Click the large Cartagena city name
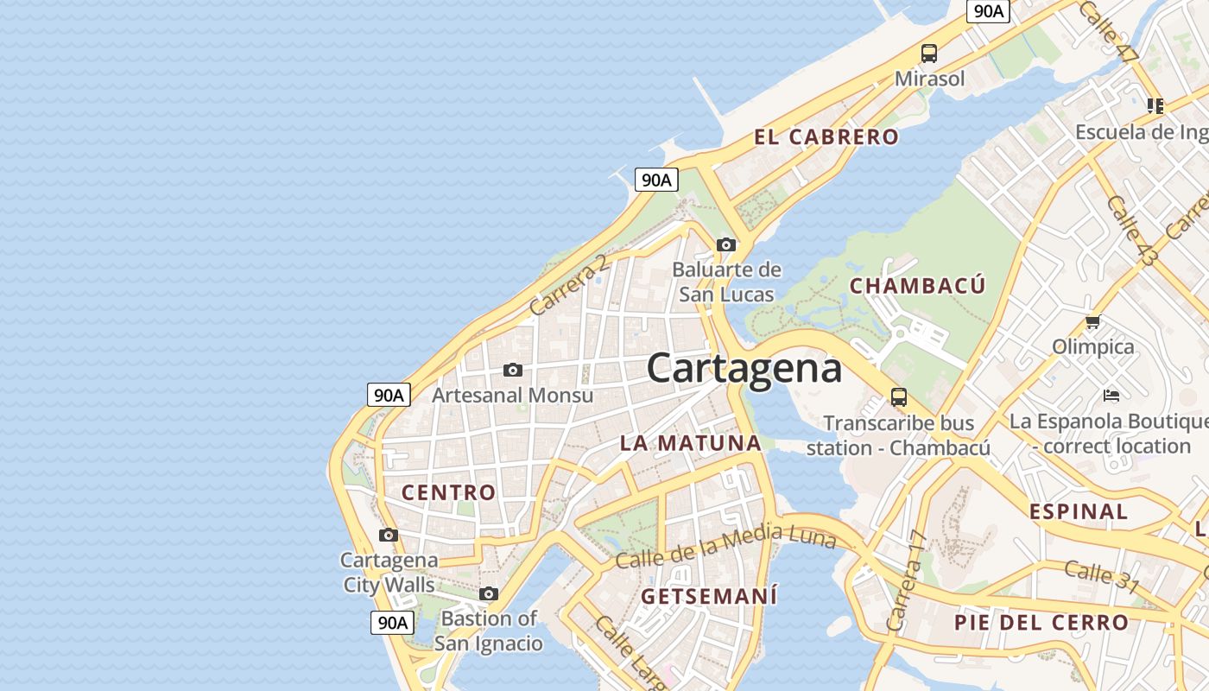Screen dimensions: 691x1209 pos(744,368)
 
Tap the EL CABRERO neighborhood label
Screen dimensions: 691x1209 pos(826,136)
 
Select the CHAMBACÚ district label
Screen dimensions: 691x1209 pos(917,286)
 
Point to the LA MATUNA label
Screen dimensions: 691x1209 pos(690,443)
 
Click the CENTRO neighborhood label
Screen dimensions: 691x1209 pos(449,492)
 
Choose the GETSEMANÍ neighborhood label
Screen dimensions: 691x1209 pos(709,596)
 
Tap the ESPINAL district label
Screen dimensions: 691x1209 pos(1078,510)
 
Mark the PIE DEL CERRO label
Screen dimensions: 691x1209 pos(1041,622)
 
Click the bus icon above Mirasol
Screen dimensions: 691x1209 pos(929,54)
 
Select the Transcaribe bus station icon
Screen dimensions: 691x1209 pos(899,397)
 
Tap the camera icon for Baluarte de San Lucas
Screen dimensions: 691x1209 pos(726,244)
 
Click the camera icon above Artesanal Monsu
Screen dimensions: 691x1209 pos(513,370)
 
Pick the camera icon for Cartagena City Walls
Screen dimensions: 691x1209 pos(389,535)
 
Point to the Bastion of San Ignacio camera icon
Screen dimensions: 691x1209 pos(489,593)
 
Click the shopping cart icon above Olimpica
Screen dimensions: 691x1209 pos(1092,322)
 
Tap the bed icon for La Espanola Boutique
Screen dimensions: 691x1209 pos(1111,396)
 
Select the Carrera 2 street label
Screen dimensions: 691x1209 pos(568,286)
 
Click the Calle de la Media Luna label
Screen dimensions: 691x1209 pos(725,547)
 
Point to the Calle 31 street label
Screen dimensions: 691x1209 pos(1101,576)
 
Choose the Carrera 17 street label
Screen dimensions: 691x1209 pos(907,580)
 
